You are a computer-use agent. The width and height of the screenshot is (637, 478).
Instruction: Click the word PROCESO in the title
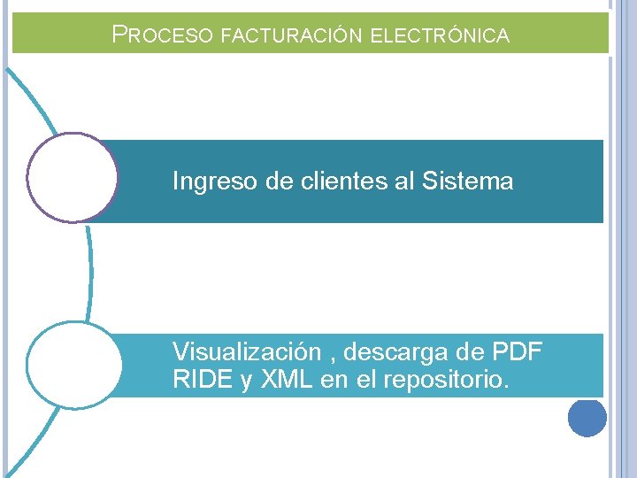(163, 35)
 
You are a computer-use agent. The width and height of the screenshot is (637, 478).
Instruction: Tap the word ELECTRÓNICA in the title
(439, 36)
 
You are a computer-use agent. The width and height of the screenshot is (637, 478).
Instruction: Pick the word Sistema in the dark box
(467, 181)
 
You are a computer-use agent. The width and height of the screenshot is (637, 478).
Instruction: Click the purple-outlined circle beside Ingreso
(72, 177)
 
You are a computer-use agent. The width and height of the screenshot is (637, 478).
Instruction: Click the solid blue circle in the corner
(587, 417)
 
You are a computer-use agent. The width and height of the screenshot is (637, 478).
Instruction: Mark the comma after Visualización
(331, 358)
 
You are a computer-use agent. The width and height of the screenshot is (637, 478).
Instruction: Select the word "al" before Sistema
(405, 181)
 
